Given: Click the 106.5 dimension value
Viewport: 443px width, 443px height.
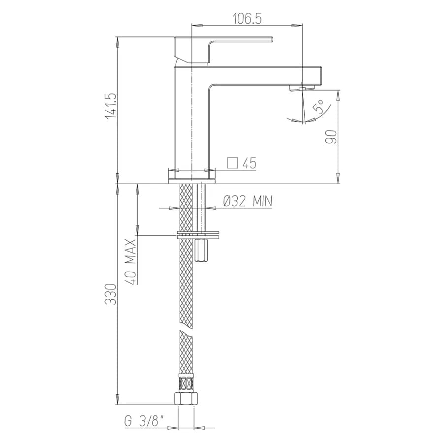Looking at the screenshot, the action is (x=247, y=19).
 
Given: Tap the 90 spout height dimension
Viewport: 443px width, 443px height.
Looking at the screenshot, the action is (x=331, y=137).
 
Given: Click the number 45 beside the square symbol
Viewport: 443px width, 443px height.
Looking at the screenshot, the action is (x=249, y=163).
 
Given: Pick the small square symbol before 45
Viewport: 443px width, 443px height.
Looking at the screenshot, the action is (x=232, y=163).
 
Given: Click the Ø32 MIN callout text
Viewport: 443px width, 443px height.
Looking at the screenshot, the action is (x=248, y=201).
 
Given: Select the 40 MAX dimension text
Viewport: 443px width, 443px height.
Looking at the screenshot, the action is (x=131, y=261).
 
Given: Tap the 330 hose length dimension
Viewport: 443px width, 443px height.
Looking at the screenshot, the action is (x=110, y=294).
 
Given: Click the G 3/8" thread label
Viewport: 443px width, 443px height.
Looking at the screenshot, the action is (x=144, y=421).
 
